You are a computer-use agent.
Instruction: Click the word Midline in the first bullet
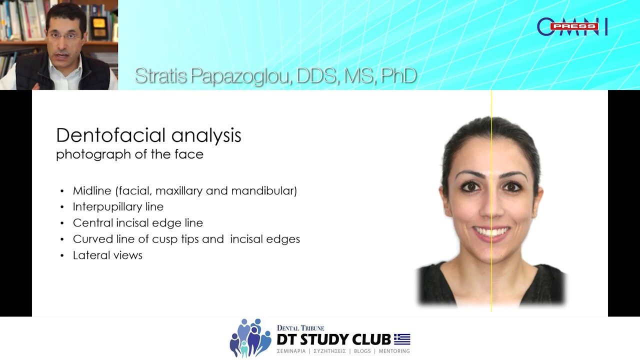[x=91, y=190]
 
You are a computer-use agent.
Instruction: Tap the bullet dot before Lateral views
[x=62, y=255]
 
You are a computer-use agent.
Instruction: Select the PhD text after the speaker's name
[x=398, y=76]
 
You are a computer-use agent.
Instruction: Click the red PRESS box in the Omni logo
[x=574, y=26]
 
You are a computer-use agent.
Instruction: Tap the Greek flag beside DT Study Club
[x=402, y=339]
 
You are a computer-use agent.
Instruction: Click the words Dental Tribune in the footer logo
[x=300, y=328]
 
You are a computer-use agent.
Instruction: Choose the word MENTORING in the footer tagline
[x=394, y=351]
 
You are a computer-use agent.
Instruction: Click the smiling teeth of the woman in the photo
[x=492, y=232]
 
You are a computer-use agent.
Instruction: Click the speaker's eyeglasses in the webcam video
[x=64, y=35]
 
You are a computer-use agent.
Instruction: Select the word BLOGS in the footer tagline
[x=362, y=351]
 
